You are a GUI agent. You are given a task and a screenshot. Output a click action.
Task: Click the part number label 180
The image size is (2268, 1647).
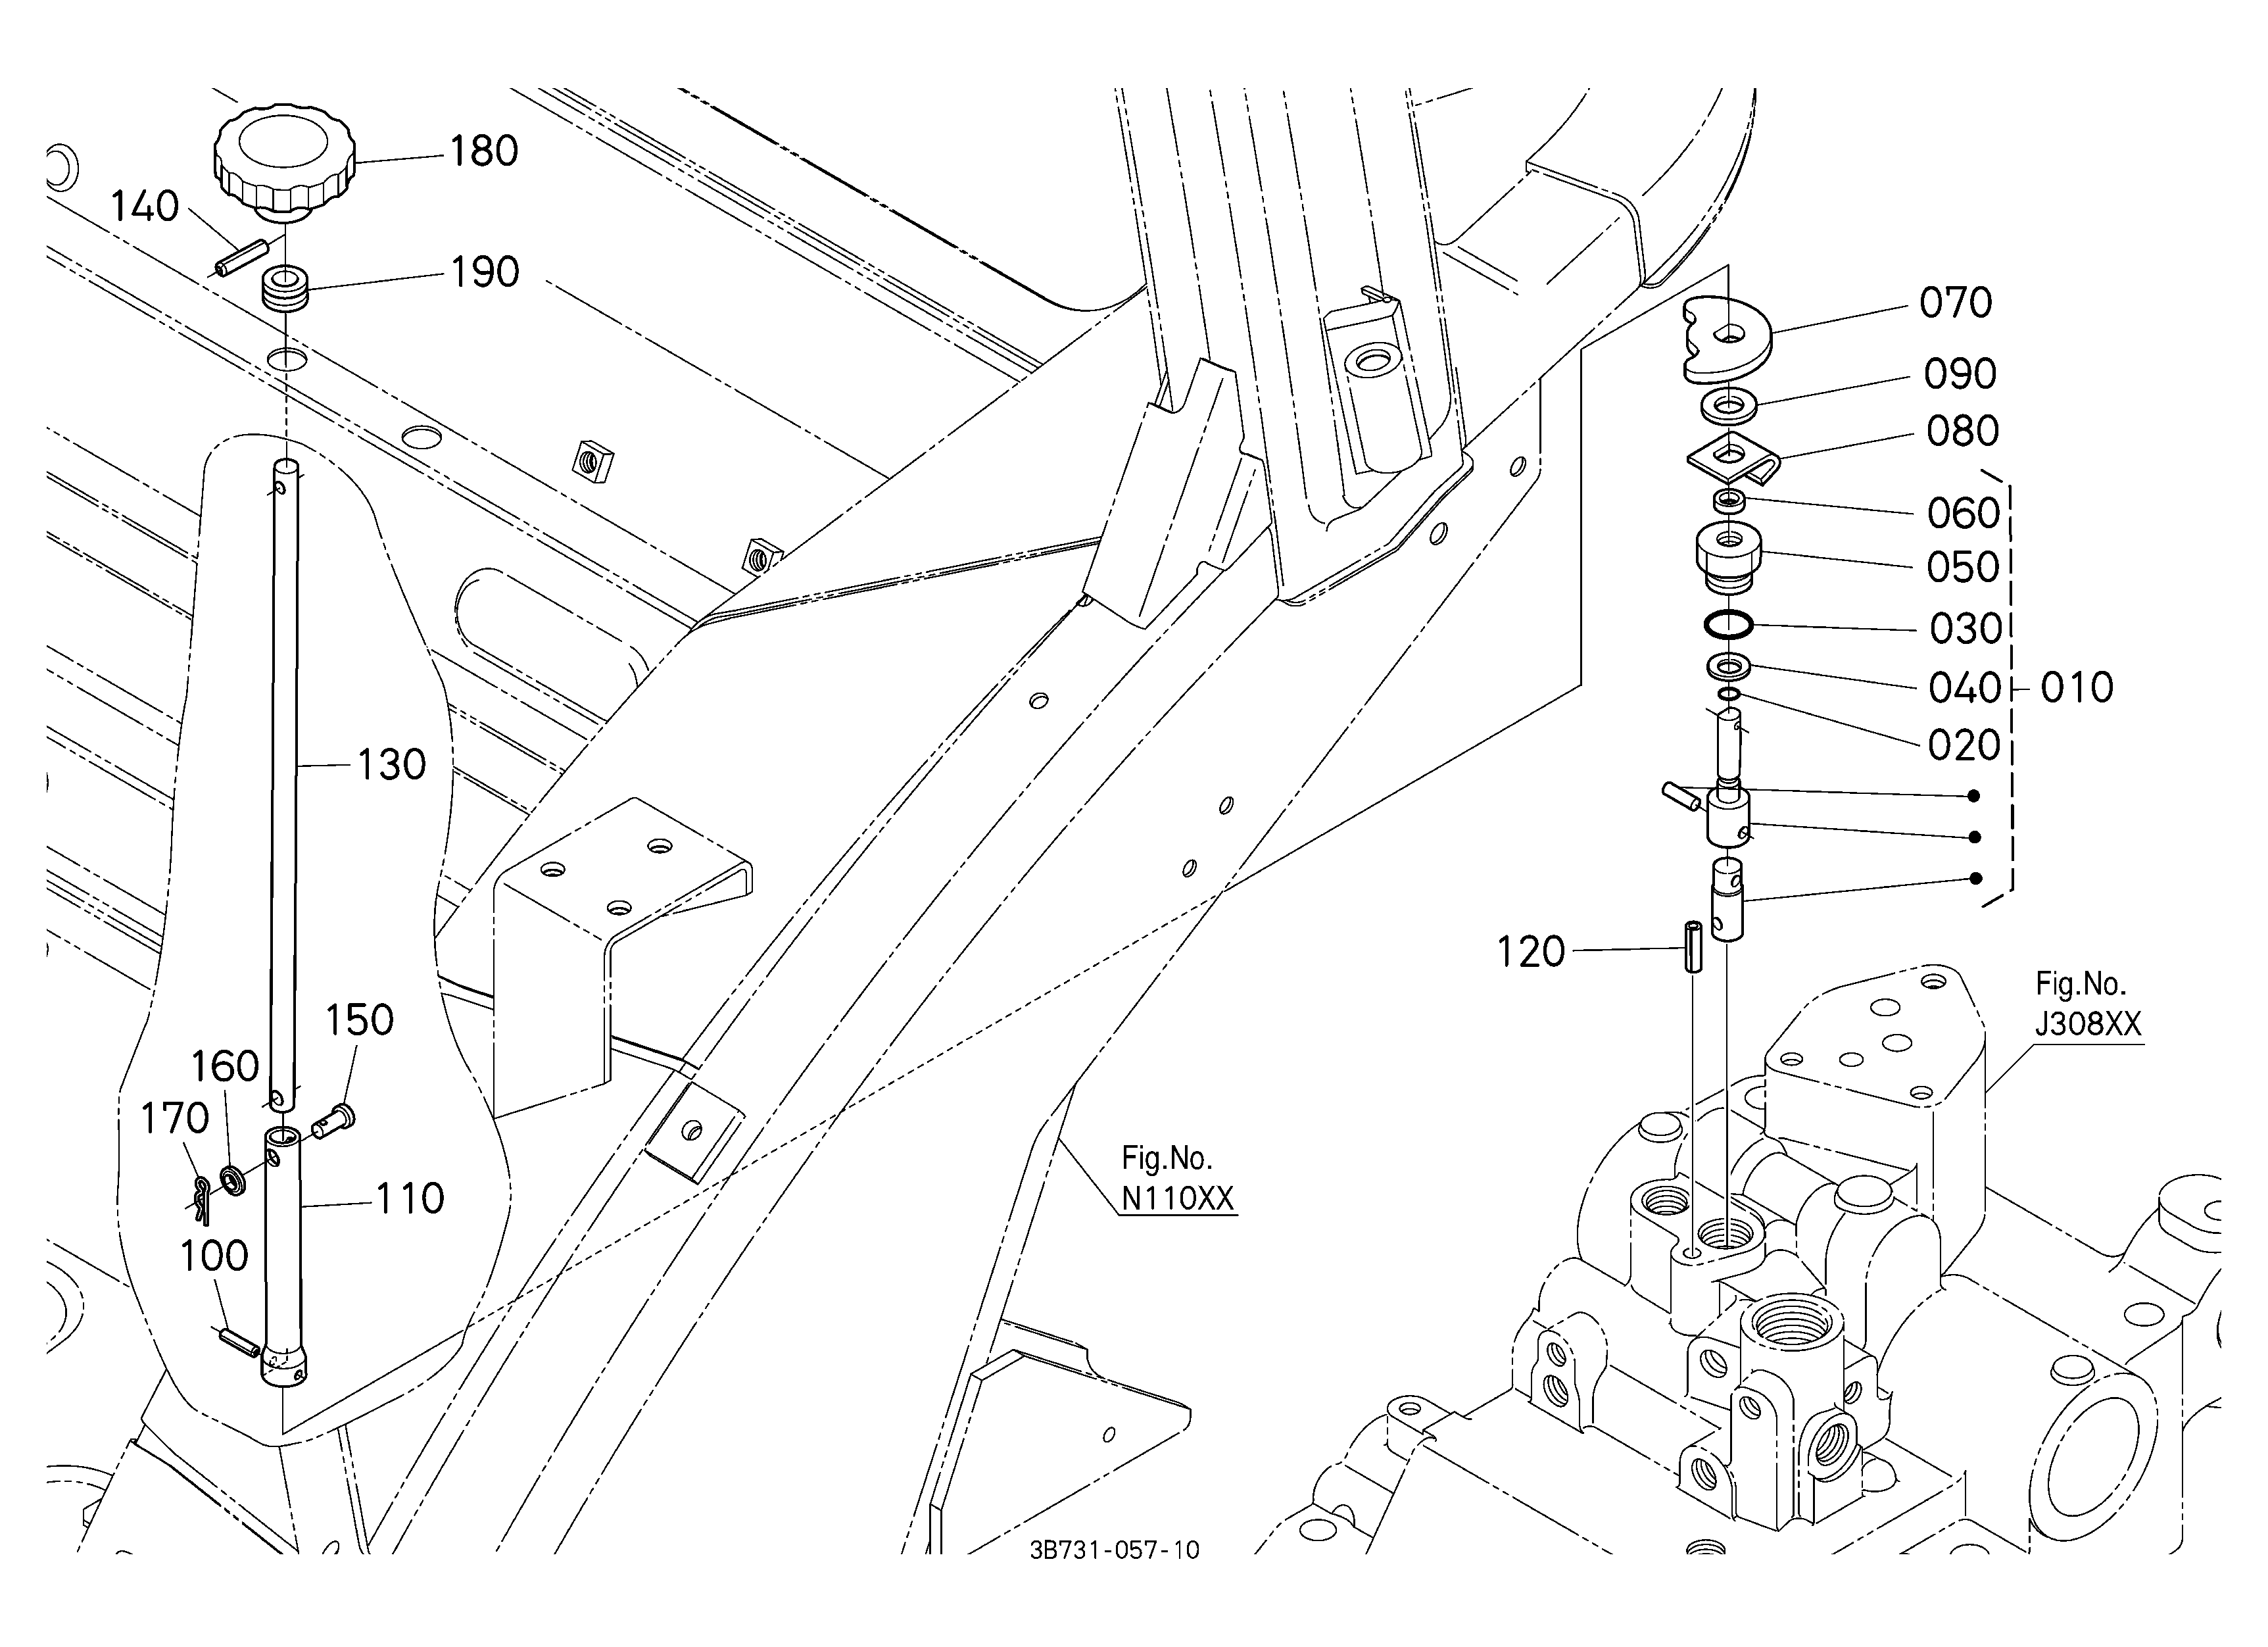point(484,152)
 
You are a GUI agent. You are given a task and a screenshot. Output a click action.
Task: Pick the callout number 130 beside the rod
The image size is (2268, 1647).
point(392,765)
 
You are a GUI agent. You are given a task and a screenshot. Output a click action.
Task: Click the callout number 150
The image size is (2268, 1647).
point(359,1020)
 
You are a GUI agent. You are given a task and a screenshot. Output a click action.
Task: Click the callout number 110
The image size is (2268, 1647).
point(410,1198)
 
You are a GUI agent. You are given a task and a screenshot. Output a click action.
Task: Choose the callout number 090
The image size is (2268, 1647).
point(1961,374)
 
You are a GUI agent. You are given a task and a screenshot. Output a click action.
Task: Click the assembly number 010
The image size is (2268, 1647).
point(2077,688)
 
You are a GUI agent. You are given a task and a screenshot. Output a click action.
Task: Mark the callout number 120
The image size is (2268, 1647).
point(1531,952)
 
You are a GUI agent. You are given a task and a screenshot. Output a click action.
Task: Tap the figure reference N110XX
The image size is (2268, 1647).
point(1178,1198)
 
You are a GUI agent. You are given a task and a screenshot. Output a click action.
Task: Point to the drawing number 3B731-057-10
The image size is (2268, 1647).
point(1115,1551)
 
